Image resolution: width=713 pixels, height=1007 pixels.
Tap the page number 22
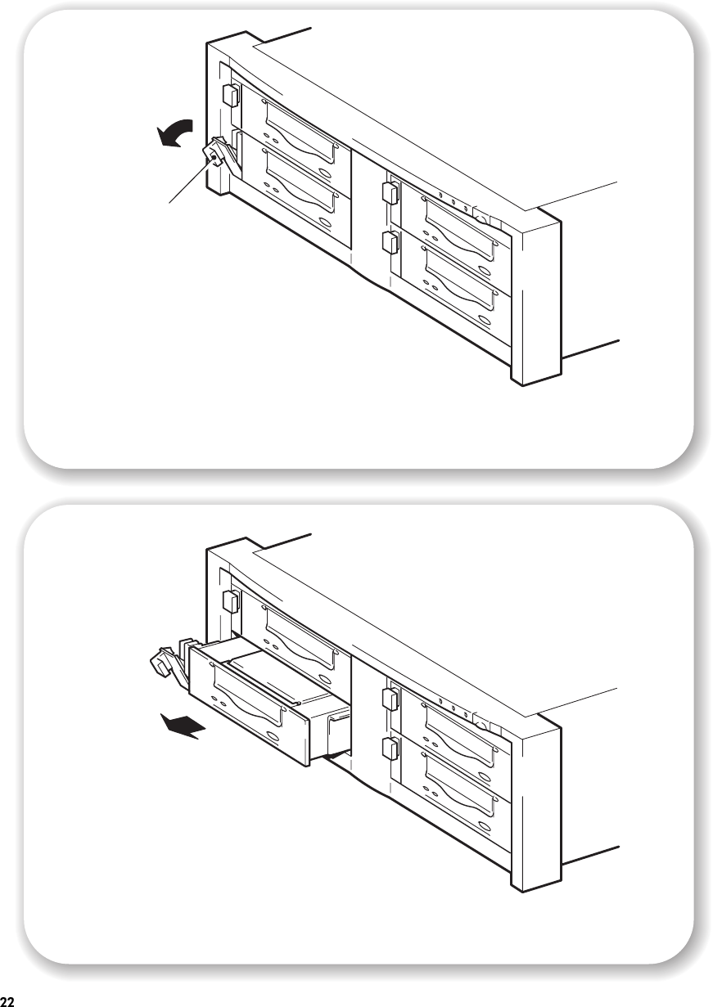[x=7, y=1000]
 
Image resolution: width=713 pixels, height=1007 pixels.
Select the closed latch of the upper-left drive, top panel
[x=230, y=96]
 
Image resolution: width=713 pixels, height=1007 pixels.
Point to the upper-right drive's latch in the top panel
[x=390, y=192]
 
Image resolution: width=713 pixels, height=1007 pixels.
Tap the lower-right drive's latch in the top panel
[x=390, y=242]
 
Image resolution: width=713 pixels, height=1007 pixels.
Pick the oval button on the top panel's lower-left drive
[x=327, y=223]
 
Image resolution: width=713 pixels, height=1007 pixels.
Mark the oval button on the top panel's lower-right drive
[x=485, y=320]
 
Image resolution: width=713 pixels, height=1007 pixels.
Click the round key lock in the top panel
[x=481, y=219]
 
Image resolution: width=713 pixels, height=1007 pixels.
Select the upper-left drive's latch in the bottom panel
[x=230, y=601]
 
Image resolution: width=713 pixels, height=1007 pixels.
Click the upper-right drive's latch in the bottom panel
[x=390, y=699]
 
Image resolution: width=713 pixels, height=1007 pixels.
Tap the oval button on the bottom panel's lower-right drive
[x=485, y=826]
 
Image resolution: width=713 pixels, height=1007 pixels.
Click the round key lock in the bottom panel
[x=481, y=726]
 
